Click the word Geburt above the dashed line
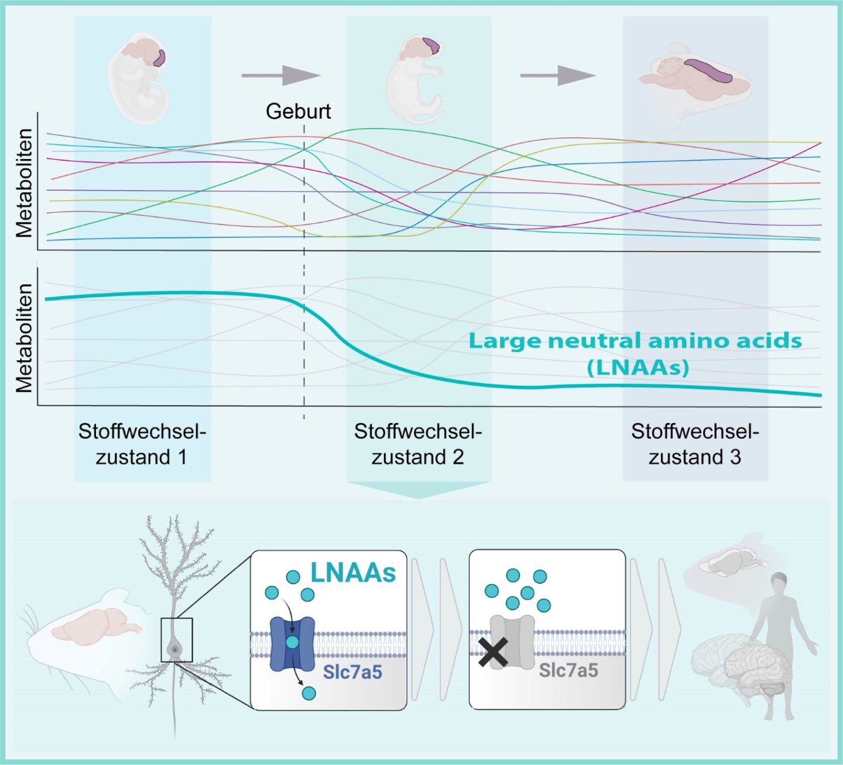coord(298,112)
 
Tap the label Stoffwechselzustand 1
coord(142,444)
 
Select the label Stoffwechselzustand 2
coord(418,444)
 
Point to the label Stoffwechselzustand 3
coord(695,444)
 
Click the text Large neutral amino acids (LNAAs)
coord(635,353)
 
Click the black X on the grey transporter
coord(494,653)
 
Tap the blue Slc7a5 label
coord(352,672)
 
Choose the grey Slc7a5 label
coord(568,670)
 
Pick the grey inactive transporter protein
coord(512,642)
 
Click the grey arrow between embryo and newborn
coord(281,75)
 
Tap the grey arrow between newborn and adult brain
coord(558,75)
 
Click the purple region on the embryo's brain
coord(159,58)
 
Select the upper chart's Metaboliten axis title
coord(24,183)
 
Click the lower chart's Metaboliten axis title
coord(24,339)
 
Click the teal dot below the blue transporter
coord(309,693)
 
